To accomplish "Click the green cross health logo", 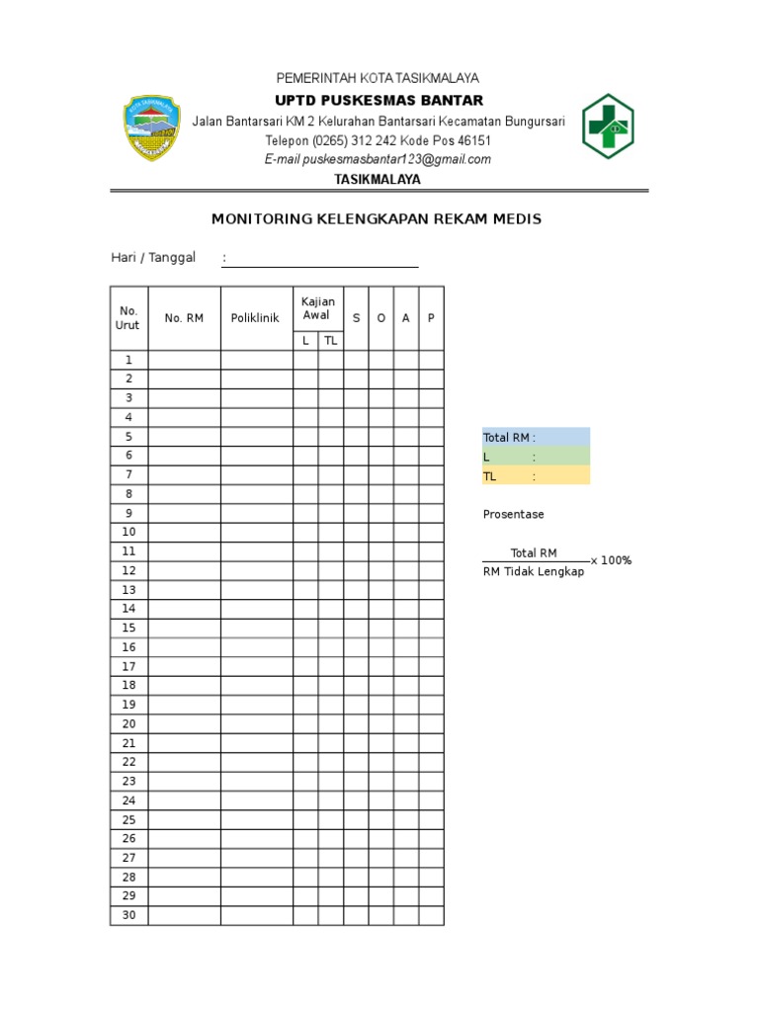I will click(x=607, y=126).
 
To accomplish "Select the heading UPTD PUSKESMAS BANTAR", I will click(x=379, y=100).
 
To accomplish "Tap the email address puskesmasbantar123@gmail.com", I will click(x=377, y=159).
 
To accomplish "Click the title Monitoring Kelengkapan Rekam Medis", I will click(x=378, y=218).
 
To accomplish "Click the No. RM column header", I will click(x=184, y=318).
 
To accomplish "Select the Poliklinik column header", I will click(x=256, y=318).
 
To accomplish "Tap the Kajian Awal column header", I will click(x=317, y=308).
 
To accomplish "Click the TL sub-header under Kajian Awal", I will click(x=330, y=340).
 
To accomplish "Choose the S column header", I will click(x=356, y=318).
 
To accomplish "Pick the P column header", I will click(x=431, y=318).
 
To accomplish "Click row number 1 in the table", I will click(x=128, y=360).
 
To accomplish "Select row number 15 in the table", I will click(x=128, y=628).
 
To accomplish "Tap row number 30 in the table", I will click(x=128, y=915).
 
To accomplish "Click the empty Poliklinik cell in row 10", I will click(x=256, y=532).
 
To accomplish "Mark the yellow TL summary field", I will click(x=535, y=475).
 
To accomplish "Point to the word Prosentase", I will click(x=513, y=514).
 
